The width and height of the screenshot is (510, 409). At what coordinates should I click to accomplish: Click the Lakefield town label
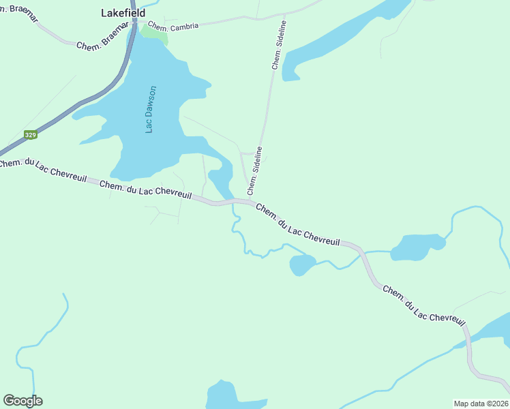click(x=123, y=13)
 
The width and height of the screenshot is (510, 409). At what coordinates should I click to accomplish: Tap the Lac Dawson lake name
click(x=152, y=109)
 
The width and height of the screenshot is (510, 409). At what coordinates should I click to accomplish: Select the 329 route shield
click(x=30, y=135)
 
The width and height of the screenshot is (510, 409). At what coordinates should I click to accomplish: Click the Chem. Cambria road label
click(x=174, y=25)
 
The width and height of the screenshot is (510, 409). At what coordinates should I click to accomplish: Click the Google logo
click(x=22, y=401)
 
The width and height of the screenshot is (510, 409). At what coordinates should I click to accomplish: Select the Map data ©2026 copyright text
click(x=481, y=403)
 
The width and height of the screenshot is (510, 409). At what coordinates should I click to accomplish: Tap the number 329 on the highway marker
click(x=30, y=135)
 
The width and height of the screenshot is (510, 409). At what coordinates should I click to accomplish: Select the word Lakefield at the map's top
click(x=123, y=13)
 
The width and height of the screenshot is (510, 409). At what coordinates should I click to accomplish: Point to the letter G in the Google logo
click(x=9, y=401)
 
